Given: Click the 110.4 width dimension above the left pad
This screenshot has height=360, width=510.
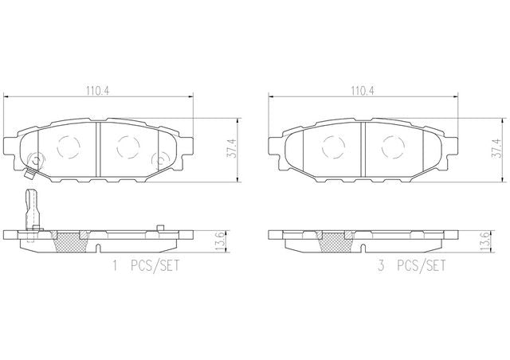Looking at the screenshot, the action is pyautogui.click(x=98, y=91).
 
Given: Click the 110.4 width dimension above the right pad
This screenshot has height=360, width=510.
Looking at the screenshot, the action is pyautogui.click(x=363, y=91).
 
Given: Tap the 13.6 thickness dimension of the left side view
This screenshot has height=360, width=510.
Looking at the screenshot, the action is pyautogui.click(x=220, y=241).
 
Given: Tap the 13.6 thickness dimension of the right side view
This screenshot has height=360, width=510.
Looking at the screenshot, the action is pyautogui.click(x=485, y=241).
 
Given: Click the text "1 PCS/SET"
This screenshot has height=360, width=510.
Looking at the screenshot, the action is pyautogui.click(x=146, y=266).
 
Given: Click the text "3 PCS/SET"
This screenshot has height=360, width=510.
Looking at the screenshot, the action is pyautogui.click(x=411, y=266).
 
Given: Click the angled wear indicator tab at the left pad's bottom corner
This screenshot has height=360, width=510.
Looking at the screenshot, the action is pyautogui.click(x=29, y=174).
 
